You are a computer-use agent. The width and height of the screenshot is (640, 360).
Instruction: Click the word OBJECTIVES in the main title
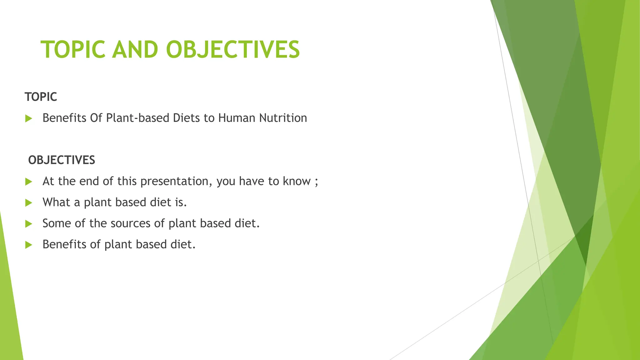click(x=233, y=50)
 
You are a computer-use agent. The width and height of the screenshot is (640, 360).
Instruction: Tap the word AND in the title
click(x=135, y=50)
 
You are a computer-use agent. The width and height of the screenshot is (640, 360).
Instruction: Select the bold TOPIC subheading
click(x=41, y=97)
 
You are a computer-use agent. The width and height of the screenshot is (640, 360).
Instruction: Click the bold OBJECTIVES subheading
click(x=62, y=160)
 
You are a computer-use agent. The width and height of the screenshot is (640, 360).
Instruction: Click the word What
click(x=56, y=202)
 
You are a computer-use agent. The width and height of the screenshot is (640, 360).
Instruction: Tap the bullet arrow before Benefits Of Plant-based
click(x=29, y=118)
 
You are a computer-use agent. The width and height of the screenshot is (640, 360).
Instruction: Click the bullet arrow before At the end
click(x=29, y=182)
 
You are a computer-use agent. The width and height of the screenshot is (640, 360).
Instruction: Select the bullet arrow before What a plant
click(x=29, y=203)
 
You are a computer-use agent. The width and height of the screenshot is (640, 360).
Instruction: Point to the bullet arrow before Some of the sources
click(x=29, y=224)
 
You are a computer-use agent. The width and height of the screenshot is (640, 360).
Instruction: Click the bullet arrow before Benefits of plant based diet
click(x=29, y=245)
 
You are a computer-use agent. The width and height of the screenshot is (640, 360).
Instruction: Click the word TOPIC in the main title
click(x=73, y=50)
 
